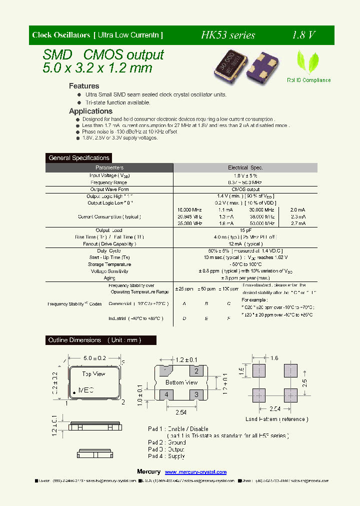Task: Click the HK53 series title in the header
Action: tap(228, 35)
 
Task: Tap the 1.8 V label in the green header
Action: tap(303, 35)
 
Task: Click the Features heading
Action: tap(84, 86)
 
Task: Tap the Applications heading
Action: tap(90, 111)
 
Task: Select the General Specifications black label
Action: tap(79, 158)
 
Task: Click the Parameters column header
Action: tap(109, 168)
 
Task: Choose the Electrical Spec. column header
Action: tap(245, 168)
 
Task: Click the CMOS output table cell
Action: tap(245, 189)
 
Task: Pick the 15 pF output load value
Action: tap(245, 230)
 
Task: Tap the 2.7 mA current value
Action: tap(298, 223)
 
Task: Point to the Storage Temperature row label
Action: tap(109, 264)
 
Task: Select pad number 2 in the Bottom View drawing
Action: tap(196, 371)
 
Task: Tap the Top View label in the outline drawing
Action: tap(93, 373)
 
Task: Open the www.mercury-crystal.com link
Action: tap(195, 472)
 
